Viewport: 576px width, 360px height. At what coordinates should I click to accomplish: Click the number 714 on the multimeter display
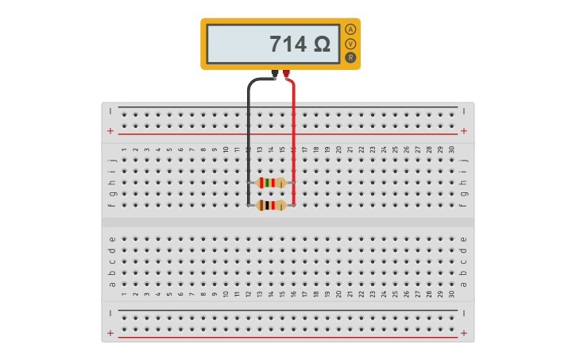point(288,44)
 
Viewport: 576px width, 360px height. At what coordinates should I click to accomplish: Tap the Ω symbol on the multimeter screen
point(323,44)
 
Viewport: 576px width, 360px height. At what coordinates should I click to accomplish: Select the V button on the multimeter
point(350,44)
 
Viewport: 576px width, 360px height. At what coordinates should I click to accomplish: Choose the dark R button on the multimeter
point(350,58)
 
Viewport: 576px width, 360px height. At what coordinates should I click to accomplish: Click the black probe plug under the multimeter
point(274,73)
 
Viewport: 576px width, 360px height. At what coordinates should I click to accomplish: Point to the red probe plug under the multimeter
point(286,73)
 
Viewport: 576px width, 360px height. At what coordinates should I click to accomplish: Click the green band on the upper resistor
point(268,183)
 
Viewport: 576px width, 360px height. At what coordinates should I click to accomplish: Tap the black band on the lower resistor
point(268,205)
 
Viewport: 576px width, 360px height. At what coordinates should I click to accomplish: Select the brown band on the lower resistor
point(261,205)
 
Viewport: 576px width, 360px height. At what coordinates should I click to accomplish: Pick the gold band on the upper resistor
point(281,183)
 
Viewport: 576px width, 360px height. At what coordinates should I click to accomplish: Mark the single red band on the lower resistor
point(273,205)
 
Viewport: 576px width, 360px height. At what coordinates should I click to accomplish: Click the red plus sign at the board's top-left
point(110,131)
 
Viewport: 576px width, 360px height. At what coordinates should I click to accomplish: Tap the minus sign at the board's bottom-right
point(464,313)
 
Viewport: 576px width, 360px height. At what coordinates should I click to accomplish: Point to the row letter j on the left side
point(112,161)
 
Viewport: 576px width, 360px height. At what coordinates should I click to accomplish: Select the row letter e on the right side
point(464,239)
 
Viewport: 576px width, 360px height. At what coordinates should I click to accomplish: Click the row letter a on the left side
point(112,285)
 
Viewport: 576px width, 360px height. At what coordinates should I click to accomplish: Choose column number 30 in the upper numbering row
point(452,149)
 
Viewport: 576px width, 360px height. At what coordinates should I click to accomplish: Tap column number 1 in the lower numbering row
point(124,294)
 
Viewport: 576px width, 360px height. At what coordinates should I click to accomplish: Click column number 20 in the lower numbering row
point(338,294)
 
